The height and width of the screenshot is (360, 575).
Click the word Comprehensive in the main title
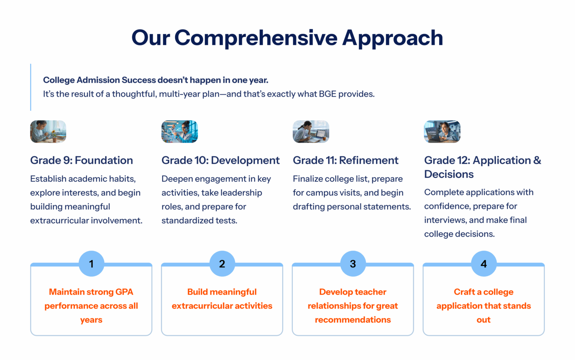(x=256, y=38)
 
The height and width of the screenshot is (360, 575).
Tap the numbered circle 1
(x=91, y=264)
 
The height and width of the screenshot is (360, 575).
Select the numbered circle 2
(x=222, y=264)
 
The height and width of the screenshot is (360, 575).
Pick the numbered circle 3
(x=353, y=264)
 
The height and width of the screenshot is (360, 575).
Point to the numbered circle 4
(x=484, y=264)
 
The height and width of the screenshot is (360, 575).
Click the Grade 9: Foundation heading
(x=82, y=160)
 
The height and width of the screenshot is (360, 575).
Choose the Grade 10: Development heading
(x=220, y=160)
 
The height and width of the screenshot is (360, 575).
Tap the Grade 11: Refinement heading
(x=346, y=160)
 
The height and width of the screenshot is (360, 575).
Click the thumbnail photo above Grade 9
(x=48, y=131)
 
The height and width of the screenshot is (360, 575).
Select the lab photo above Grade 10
(x=180, y=131)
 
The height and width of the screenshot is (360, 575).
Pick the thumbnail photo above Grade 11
(x=311, y=131)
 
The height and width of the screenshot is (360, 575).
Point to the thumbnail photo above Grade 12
(x=442, y=131)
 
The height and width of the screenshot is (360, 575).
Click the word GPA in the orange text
(x=124, y=292)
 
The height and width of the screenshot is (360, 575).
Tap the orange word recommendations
(x=353, y=320)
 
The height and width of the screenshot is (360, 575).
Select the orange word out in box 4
(x=484, y=320)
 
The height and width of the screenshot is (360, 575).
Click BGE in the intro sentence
(x=328, y=94)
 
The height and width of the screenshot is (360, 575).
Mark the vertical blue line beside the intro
(x=31, y=87)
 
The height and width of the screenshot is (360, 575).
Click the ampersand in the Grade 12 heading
(x=537, y=160)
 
